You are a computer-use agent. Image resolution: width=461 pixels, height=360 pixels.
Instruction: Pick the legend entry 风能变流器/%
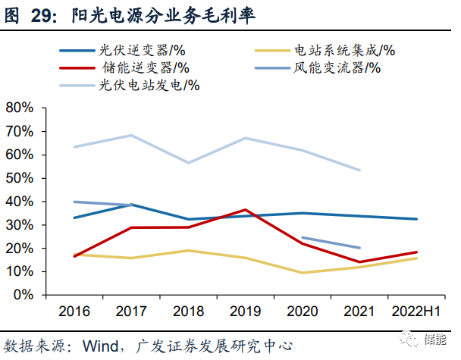[337, 68]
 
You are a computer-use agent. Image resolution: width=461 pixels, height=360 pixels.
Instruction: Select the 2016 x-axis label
[74, 311]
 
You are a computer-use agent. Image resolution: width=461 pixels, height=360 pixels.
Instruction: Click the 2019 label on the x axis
[245, 311]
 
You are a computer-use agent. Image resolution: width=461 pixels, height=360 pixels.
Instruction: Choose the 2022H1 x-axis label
[416, 311]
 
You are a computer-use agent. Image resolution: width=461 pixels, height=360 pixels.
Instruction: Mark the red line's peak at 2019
[245, 209]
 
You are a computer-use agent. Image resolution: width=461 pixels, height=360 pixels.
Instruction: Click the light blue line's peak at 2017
[131, 136]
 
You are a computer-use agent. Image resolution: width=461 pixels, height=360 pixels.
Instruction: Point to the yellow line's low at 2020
[302, 273]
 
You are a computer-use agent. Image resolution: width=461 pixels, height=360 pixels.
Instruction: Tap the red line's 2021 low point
[359, 262]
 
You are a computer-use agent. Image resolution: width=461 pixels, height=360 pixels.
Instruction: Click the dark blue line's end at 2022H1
[416, 219]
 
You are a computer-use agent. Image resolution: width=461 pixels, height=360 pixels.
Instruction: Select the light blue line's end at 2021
[359, 170]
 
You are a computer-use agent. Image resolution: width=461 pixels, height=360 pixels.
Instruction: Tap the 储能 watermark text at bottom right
[439, 342]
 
